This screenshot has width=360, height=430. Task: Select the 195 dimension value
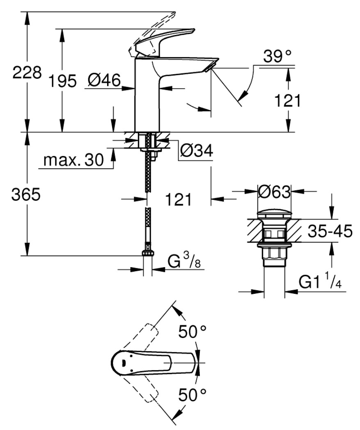[62, 81]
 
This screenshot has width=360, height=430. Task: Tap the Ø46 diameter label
[104, 80]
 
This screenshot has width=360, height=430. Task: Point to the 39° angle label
[277, 57]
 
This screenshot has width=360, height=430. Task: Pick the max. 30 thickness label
[74, 160]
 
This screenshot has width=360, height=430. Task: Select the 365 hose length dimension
[26, 194]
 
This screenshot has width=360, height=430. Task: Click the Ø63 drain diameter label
[274, 192]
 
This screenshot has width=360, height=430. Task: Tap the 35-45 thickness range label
[330, 231]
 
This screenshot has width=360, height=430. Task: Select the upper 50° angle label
[192, 332]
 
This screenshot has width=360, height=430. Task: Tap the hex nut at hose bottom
[148, 253]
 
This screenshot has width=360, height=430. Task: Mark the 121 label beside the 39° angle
[288, 101]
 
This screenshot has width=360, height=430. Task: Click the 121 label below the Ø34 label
[178, 199]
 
